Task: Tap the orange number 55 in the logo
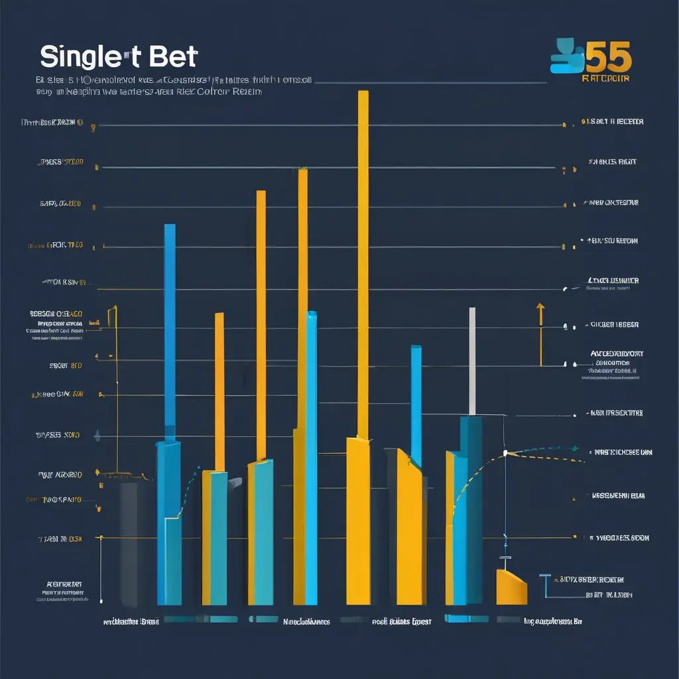[x=609, y=59]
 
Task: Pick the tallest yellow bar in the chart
[x=363, y=265]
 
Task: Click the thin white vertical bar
[x=472, y=361]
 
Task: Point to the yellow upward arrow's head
[x=540, y=308]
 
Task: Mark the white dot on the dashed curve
[x=505, y=453]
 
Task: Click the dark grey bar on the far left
[x=129, y=544]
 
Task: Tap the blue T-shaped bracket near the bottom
[x=546, y=584]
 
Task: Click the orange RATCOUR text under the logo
[x=605, y=78]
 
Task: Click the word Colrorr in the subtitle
[x=210, y=92]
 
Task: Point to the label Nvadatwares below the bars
[x=306, y=622]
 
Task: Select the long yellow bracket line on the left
[x=117, y=391]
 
